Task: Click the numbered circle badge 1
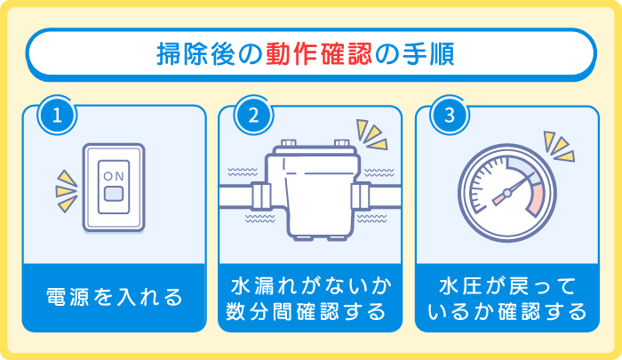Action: pos(56,117)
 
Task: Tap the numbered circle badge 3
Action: pos(449,117)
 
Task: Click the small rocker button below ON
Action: pos(114,193)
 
